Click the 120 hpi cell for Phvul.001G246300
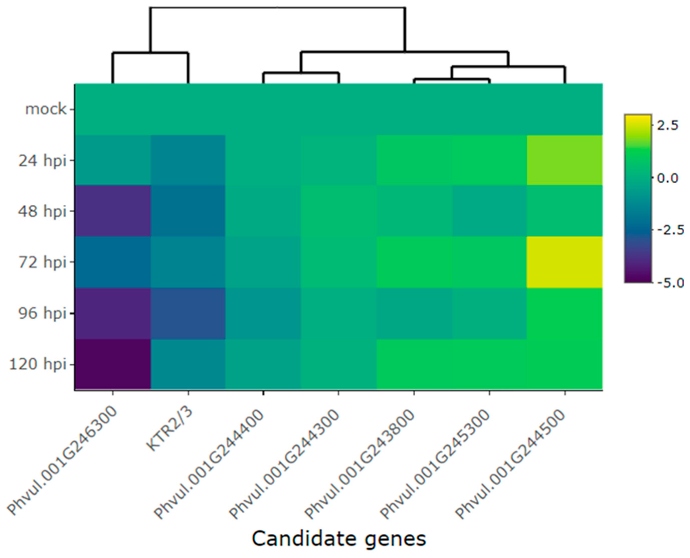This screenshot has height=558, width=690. click(x=113, y=364)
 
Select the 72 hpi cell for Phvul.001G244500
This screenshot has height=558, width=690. click(x=565, y=262)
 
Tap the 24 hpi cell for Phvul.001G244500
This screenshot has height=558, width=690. click(x=565, y=160)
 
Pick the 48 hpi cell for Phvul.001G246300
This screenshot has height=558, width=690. click(x=113, y=211)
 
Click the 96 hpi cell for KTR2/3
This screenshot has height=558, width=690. click(x=188, y=313)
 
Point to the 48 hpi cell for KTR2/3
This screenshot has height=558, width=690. click(x=188, y=211)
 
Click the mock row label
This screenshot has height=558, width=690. click(x=46, y=109)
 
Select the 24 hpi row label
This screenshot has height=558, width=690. click(x=42, y=160)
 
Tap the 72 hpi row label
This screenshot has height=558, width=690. click(x=42, y=262)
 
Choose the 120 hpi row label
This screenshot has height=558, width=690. click(x=38, y=364)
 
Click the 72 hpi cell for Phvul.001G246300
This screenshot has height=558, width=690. click(x=113, y=262)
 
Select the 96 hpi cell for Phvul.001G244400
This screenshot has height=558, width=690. click(x=263, y=313)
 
